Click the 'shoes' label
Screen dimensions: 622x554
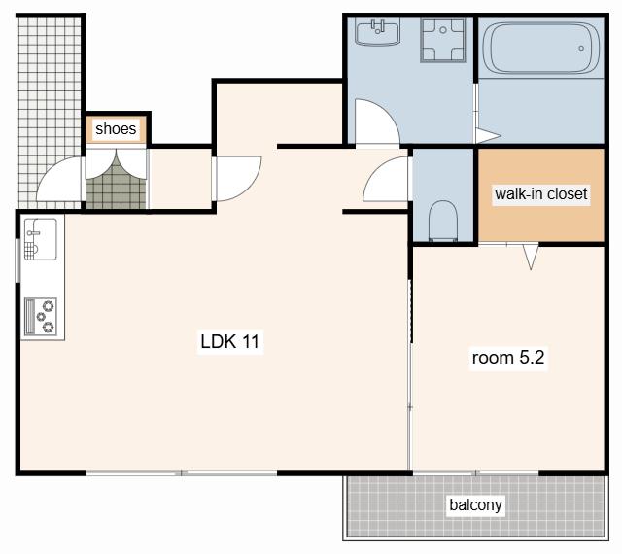(116, 128)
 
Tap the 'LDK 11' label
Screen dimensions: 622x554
(229, 341)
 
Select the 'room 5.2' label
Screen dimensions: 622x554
(508, 357)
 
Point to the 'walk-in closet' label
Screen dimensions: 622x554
(541, 193)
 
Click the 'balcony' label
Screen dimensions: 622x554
(475, 504)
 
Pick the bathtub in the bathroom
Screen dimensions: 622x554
(541, 48)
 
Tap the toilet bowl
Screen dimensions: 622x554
(443, 221)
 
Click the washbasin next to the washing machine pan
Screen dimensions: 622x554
(377, 33)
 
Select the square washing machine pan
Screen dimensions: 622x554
(443, 41)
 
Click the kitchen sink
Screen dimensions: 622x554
(41, 239)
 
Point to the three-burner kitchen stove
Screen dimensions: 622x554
(41, 316)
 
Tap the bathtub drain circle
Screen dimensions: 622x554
(581, 48)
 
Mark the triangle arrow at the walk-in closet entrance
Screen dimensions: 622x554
(531, 257)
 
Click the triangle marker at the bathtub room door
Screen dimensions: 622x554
(488, 135)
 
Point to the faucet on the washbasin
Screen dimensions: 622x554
(377, 26)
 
